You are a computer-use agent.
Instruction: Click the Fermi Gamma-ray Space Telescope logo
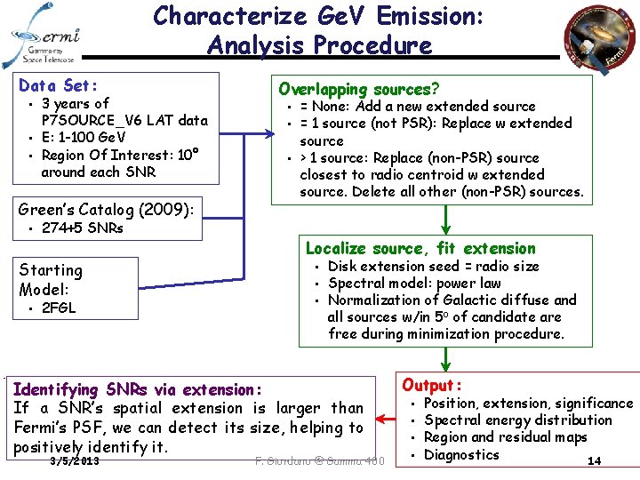(x=44, y=36)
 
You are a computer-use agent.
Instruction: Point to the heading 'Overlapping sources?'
(x=358, y=88)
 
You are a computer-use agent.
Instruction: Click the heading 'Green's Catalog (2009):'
(x=106, y=210)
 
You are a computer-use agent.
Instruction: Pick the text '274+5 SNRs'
(x=83, y=228)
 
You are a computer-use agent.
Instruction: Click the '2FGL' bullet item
(x=59, y=308)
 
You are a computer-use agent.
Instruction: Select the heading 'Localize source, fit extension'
(x=420, y=248)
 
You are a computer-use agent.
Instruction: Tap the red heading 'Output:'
(x=432, y=385)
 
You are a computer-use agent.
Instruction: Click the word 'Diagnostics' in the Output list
(x=462, y=454)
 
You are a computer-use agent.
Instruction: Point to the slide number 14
(x=595, y=460)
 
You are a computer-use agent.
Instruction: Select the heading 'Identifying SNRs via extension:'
(x=139, y=389)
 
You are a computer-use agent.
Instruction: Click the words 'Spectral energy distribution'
(x=518, y=420)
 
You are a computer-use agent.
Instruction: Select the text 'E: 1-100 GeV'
(x=84, y=137)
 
